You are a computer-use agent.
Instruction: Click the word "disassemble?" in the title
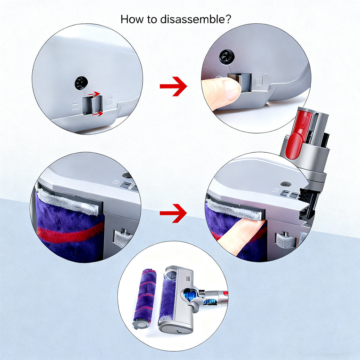tap(195, 19)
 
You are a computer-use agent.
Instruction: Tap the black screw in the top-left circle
tap(81, 83)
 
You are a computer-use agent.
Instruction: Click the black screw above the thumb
tap(226, 57)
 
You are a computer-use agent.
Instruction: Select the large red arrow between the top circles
tap(174, 86)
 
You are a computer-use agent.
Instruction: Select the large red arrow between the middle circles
tap(173, 213)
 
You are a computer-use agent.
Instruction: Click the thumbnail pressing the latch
tap(232, 90)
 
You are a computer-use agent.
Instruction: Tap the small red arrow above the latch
tap(94, 94)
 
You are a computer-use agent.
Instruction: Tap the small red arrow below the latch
tap(98, 113)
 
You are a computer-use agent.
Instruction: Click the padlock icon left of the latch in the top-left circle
tap(75, 105)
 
